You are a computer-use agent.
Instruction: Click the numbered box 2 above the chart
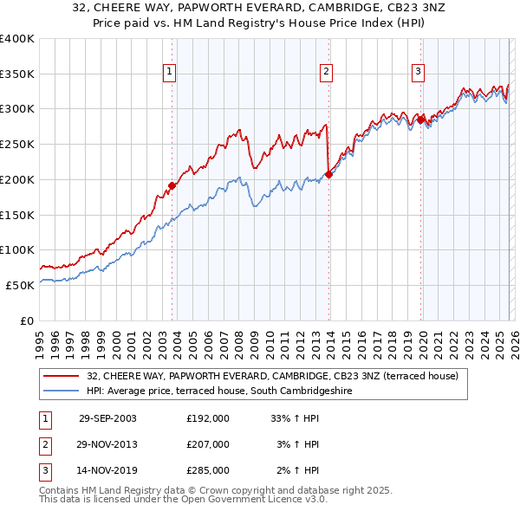click(327, 72)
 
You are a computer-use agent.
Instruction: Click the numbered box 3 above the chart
click(418, 72)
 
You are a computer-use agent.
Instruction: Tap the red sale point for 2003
click(172, 185)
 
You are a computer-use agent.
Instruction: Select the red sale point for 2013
click(328, 175)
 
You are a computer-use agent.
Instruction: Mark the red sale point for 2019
click(421, 120)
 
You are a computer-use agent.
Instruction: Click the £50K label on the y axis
click(19, 285)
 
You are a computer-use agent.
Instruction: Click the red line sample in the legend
click(62, 376)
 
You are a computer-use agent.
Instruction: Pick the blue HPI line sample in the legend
click(62, 391)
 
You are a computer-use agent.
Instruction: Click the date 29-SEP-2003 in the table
click(107, 418)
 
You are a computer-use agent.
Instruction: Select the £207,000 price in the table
click(208, 444)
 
